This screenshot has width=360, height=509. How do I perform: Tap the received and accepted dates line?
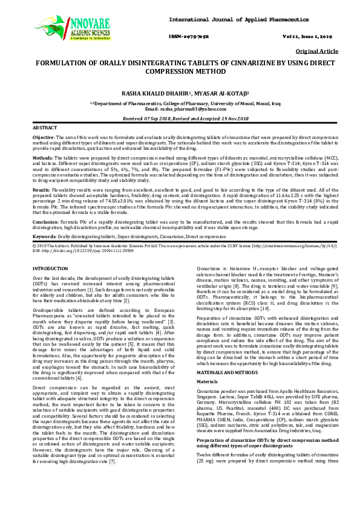180,119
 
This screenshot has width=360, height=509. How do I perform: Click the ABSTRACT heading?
44,128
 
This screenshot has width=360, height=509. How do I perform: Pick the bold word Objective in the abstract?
44,138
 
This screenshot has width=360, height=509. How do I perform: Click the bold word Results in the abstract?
41,189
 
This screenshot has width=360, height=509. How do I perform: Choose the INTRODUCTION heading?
50,267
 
